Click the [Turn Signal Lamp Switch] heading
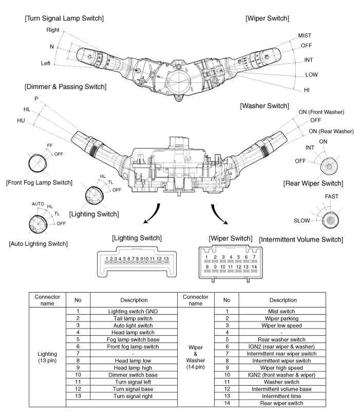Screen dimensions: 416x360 pos(64,18)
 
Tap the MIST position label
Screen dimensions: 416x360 pos(305,36)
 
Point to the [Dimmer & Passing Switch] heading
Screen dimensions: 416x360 pos(65,86)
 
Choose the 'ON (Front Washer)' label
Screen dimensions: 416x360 pos(321,112)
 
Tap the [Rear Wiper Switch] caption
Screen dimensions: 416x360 pos(313,183)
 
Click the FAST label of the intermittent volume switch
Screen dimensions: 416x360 pos(332,197)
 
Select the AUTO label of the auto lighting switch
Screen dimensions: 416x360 pos(39,203)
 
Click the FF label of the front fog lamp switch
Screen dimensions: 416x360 pos(49,145)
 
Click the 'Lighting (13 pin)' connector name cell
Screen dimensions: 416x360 pos(47,357)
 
